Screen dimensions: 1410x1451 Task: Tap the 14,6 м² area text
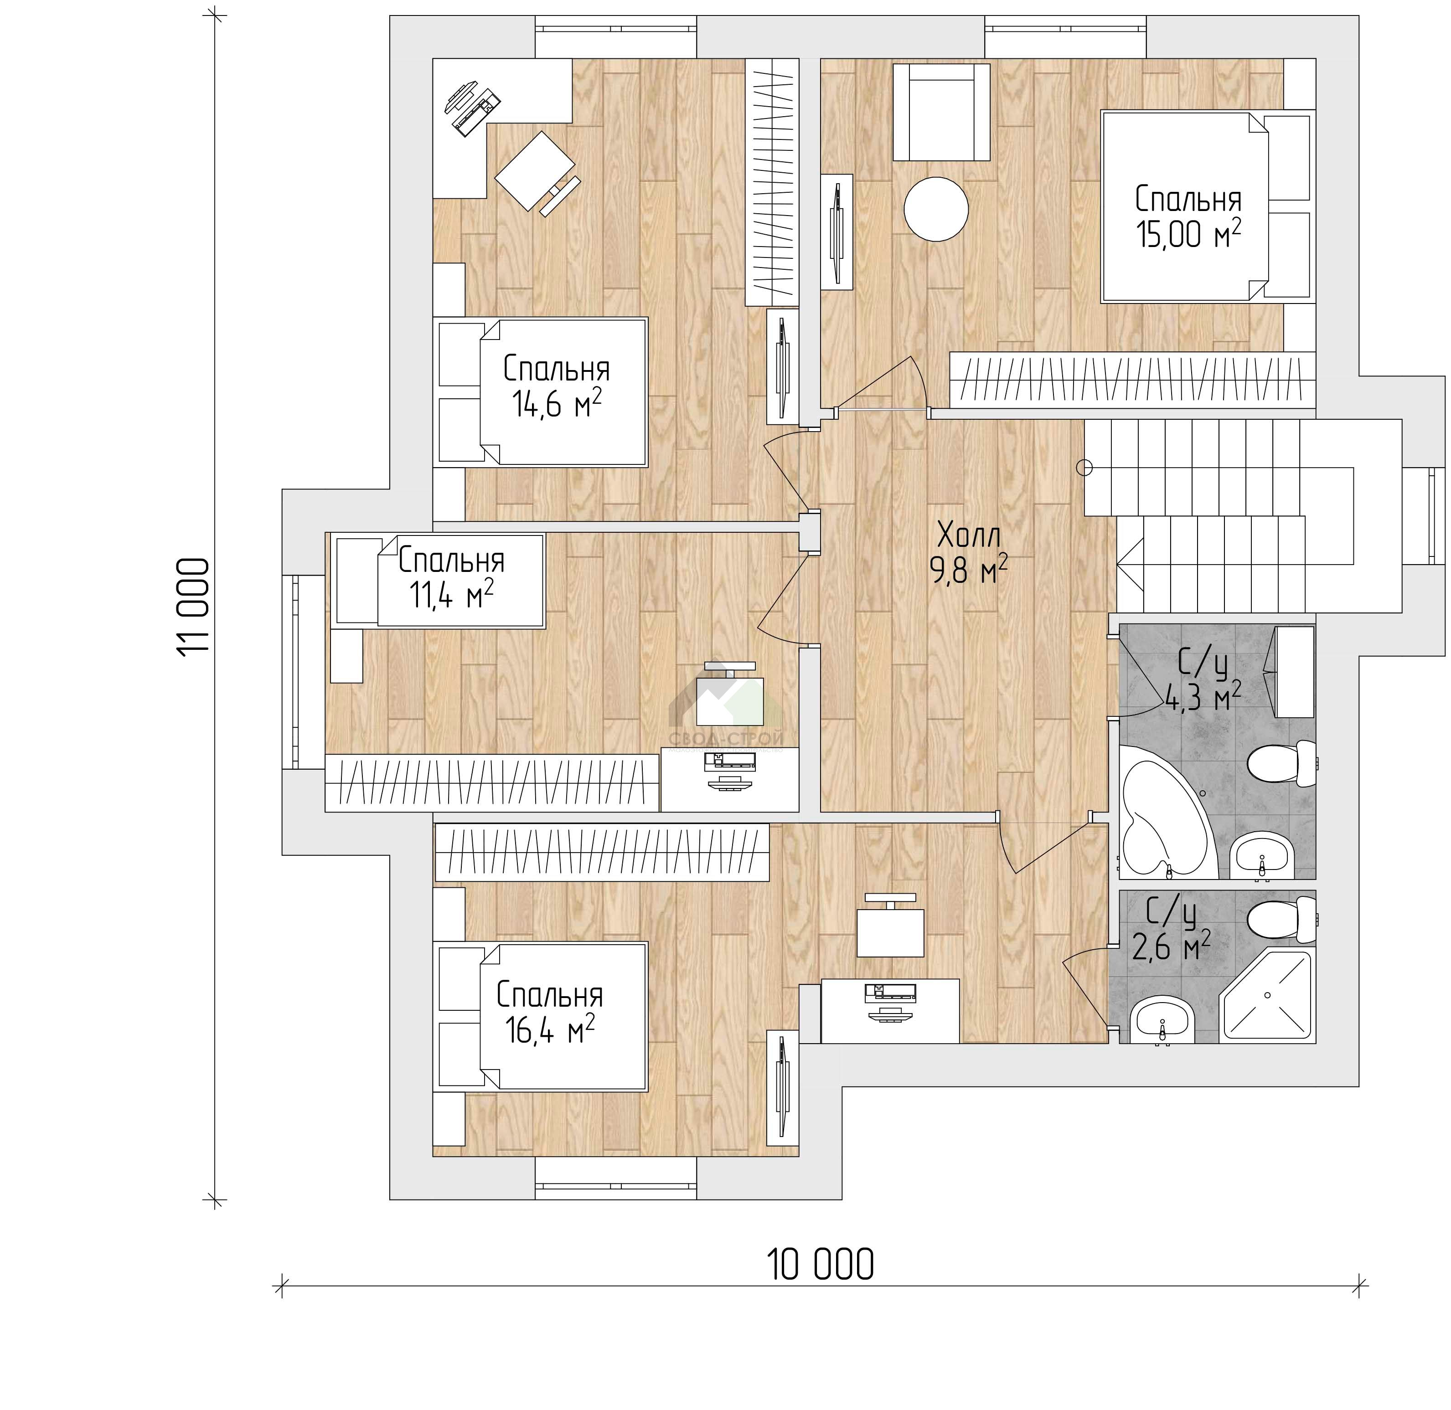pyautogui.click(x=556, y=404)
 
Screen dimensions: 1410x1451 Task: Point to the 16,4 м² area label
pyautogui.click(x=550, y=1030)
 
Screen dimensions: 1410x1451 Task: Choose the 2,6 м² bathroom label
pyautogui.click(x=1172, y=946)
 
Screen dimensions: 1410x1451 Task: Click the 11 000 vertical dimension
pyautogui.click(x=194, y=606)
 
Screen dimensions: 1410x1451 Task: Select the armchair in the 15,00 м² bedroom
pyautogui.click(x=941, y=113)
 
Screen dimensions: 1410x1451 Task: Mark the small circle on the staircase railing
pyautogui.click(x=1084, y=467)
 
